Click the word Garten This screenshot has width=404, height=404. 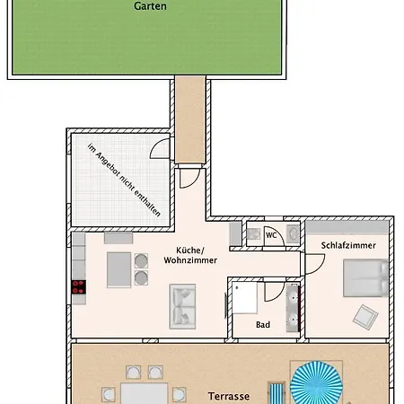click(x=150, y=4)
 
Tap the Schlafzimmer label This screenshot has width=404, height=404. click(x=347, y=244)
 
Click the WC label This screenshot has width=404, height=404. click(x=270, y=235)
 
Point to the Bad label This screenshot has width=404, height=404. click(x=262, y=324)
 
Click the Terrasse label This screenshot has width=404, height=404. click(x=228, y=394)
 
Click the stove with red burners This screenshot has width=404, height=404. click(x=78, y=287)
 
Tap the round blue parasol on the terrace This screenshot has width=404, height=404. click(x=318, y=383)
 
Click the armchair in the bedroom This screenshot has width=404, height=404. click(x=365, y=315)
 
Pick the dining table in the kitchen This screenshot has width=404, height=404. click(x=119, y=267)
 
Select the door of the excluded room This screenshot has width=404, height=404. click(x=160, y=149)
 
